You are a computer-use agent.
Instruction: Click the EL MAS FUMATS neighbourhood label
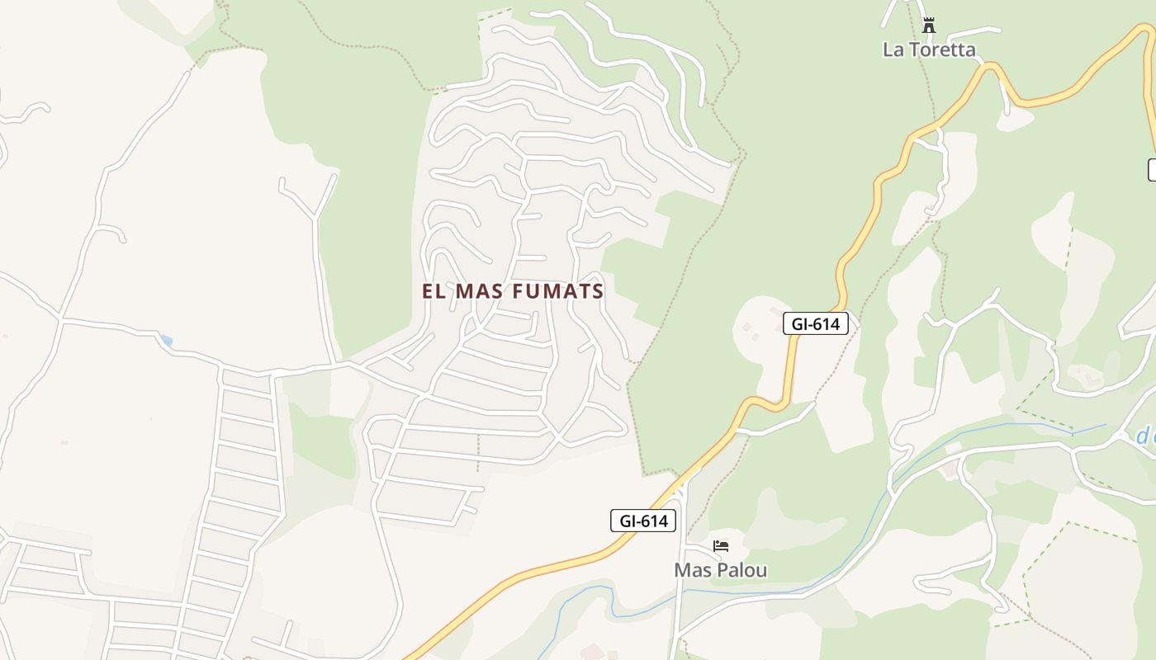(513, 291)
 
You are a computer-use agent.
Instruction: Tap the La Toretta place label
(929, 49)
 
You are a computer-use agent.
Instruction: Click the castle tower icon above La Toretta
(929, 26)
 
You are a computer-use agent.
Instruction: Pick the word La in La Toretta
(893, 49)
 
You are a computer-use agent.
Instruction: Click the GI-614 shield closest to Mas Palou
(643, 521)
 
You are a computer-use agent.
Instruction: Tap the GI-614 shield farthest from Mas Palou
(815, 324)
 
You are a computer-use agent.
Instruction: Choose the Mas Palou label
(720, 570)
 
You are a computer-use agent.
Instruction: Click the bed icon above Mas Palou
(721, 546)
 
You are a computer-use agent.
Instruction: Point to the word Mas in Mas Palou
(692, 570)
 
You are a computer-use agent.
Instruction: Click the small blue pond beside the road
(167, 340)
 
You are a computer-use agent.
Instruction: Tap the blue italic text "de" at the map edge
(1145, 436)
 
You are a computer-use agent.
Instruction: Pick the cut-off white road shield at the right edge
(1152, 170)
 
